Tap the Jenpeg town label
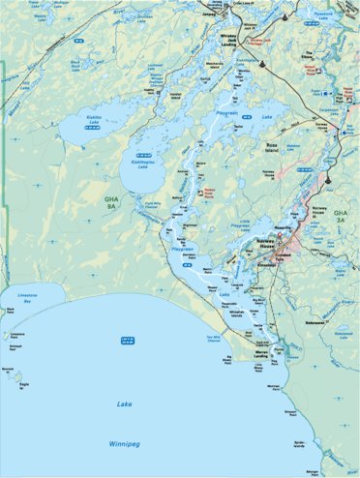coord(207,14)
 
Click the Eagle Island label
coord(21,383)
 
